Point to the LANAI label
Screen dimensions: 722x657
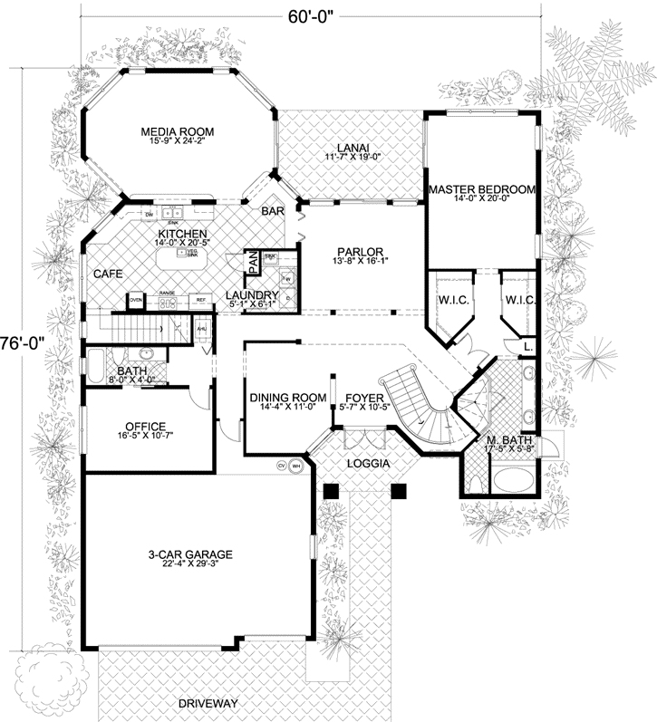pos(349,148)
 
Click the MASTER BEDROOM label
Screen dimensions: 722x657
pos(481,189)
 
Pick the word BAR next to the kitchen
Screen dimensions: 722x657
pos(273,210)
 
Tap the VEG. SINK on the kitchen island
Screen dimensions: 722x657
pos(192,254)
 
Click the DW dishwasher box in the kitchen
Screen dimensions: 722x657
pos(150,214)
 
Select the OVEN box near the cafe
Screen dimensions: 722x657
pos(136,299)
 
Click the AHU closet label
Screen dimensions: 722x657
pos(203,330)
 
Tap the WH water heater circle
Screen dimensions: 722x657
pos(295,466)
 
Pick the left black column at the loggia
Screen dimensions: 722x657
pos(332,490)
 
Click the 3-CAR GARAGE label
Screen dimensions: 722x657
pos(191,554)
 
